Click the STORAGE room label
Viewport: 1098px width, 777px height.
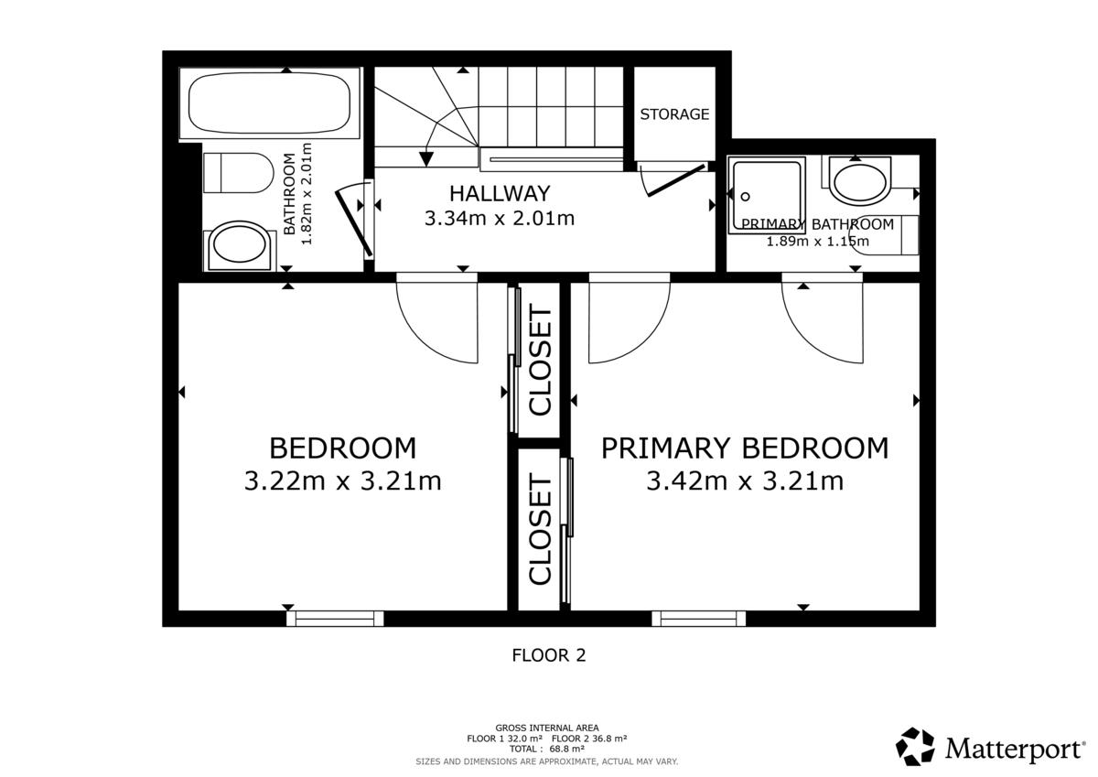pos(674,114)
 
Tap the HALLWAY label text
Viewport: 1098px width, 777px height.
pos(500,194)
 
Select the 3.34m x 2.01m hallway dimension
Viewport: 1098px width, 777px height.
pos(500,218)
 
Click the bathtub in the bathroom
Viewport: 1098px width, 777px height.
pos(270,103)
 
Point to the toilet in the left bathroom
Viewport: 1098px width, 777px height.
pos(238,173)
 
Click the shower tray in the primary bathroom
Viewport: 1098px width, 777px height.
pos(767,195)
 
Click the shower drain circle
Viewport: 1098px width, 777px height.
pos(746,197)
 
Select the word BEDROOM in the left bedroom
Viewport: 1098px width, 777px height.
pos(342,448)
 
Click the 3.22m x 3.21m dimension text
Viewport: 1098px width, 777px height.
pos(342,480)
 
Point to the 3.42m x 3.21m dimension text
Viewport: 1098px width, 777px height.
pos(745,480)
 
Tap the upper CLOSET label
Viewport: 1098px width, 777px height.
pos(541,360)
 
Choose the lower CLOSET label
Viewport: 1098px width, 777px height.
pos(541,528)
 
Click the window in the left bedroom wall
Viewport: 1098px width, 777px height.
pos(335,619)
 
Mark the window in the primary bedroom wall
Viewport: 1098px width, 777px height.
pos(698,619)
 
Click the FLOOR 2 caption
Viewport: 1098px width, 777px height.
pos(548,655)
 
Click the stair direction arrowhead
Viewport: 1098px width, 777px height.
pos(426,159)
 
